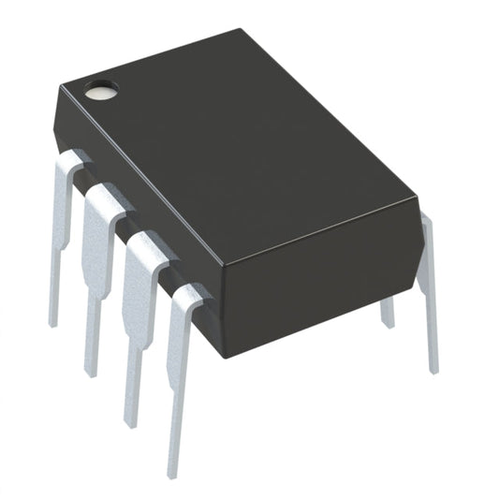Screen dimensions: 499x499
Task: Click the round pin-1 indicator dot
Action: (101, 92)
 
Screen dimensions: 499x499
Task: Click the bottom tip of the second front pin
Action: (92, 372)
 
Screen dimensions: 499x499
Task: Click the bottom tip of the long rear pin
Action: (433, 368)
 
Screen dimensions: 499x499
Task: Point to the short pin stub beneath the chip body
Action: (388, 314)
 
